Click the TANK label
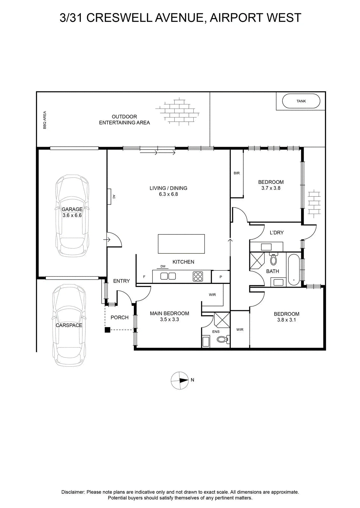coord(301,101)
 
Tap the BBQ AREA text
coord(45,120)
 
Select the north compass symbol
coord(180,381)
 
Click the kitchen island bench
coord(181,244)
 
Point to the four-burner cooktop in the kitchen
coord(198,276)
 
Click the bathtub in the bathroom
coord(294,270)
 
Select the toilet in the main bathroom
coord(273,259)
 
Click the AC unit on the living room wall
coord(109,197)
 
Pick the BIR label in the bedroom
coord(237,173)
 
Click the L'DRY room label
coord(277,232)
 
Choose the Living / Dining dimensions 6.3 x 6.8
coord(168,194)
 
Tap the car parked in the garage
coord(72,216)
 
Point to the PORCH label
coord(120,317)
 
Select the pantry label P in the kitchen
coord(220,277)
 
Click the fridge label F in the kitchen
coord(144,277)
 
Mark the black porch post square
coord(107,330)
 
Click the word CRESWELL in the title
coord(119,18)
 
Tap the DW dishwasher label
coord(163,266)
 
